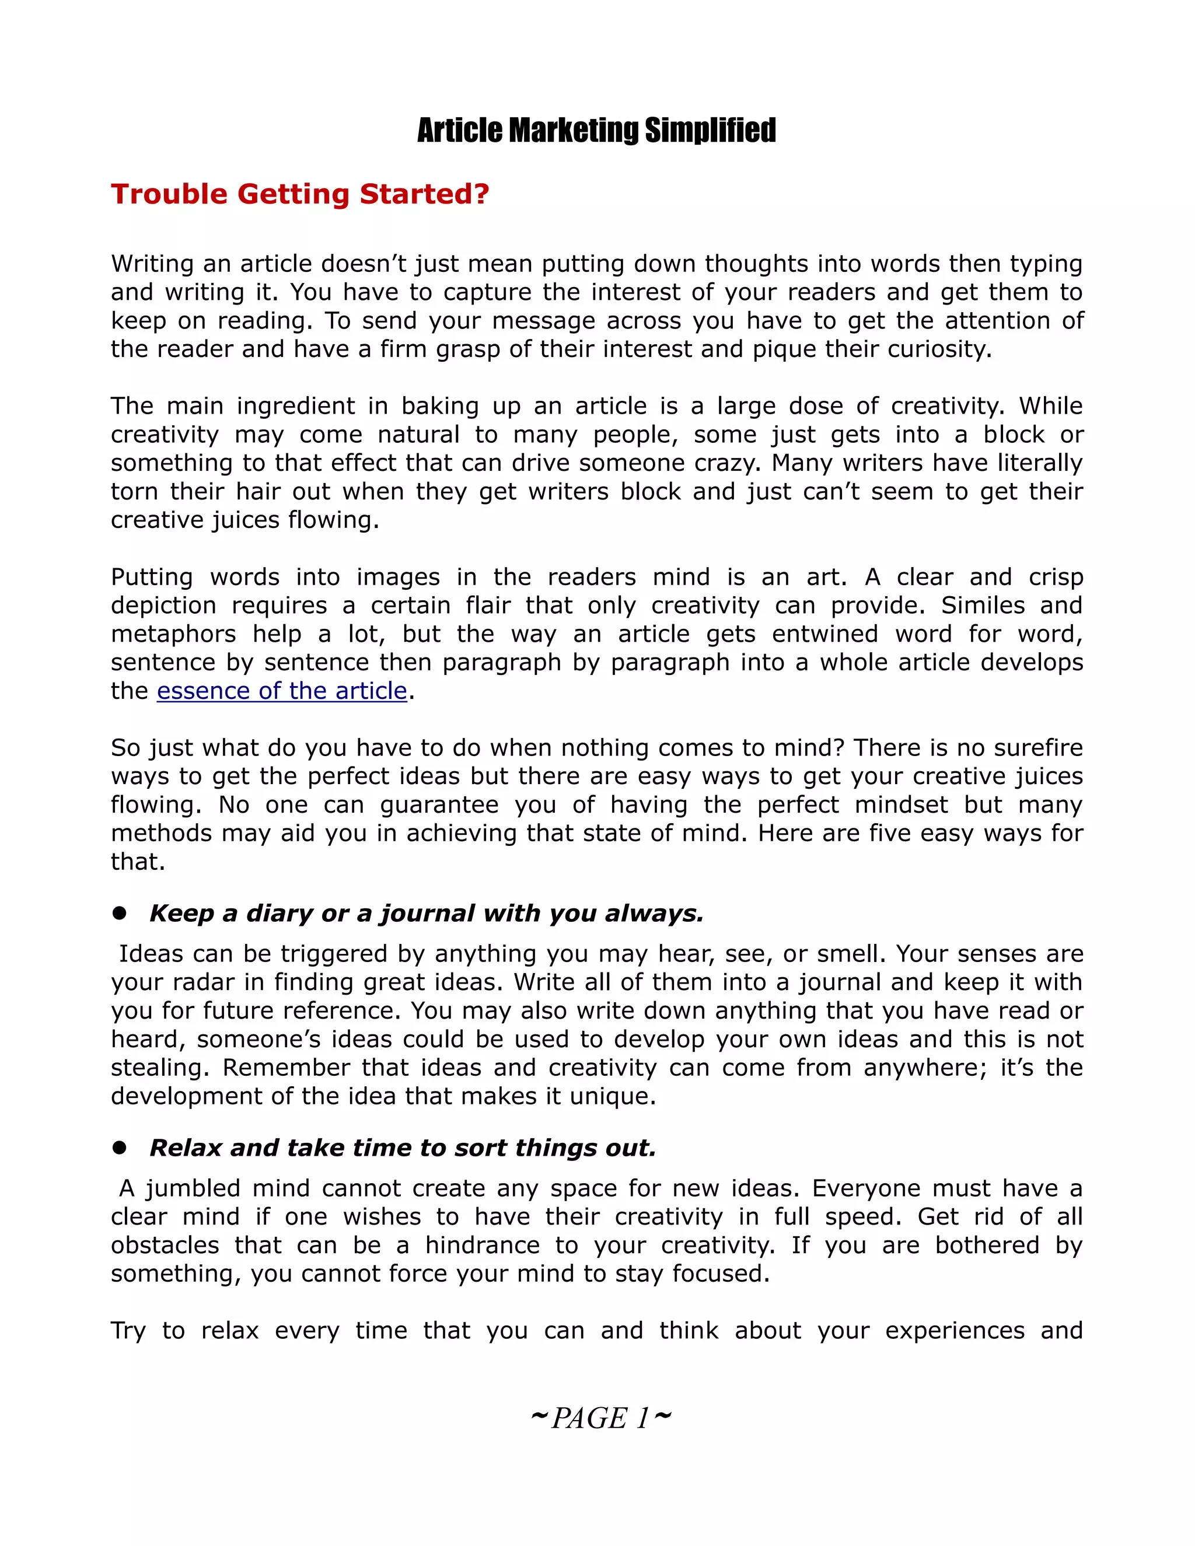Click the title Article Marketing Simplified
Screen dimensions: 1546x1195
(596, 131)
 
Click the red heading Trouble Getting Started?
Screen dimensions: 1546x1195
(299, 194)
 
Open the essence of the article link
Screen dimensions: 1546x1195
(282, 691)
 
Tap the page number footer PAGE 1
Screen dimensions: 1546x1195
(600, 1418)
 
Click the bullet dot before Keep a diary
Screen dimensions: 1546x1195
(119, 913)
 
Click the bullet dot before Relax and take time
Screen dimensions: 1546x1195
(119, 1148)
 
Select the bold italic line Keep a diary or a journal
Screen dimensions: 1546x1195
(426, 913)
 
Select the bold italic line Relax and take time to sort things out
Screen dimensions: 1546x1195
(402, 1148)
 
